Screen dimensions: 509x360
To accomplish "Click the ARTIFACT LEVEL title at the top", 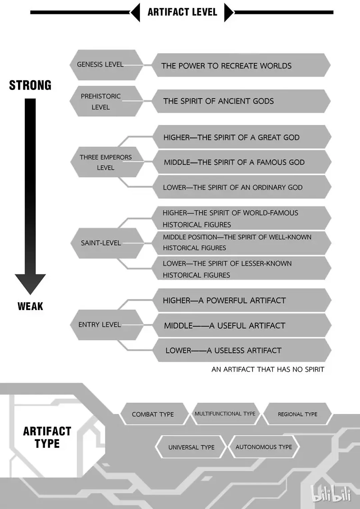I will click(182, 12).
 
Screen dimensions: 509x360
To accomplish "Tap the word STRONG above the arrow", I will click(30, 85).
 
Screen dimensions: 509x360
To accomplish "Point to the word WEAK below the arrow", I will click(30, 306).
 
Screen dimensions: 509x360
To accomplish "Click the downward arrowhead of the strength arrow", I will click(30, 283).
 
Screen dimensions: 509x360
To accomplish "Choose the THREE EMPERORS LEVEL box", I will click(106, 162).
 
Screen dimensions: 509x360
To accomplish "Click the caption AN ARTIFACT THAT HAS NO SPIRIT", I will click(268, 369).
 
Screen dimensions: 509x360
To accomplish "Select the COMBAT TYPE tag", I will click(153, 414).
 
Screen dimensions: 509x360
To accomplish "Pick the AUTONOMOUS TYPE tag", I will click(264, 447).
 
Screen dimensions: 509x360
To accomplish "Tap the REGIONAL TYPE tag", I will click(298, 414).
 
